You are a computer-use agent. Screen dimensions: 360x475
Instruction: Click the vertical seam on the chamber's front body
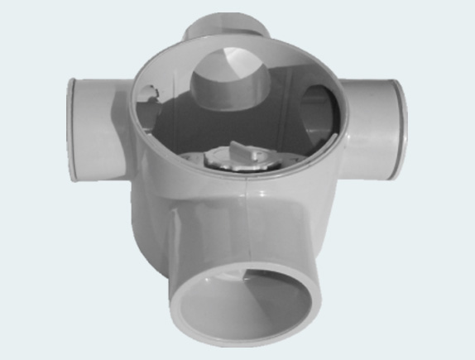tap(251, 219)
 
